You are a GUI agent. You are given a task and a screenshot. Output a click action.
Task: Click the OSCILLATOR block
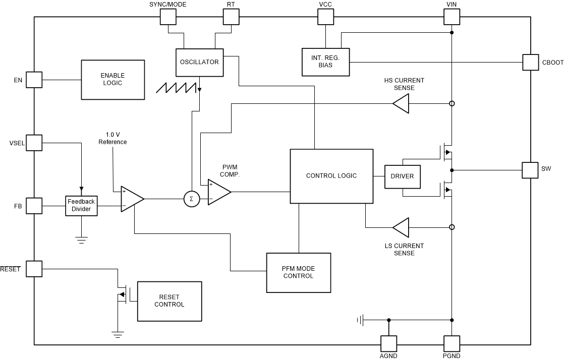point(199,62)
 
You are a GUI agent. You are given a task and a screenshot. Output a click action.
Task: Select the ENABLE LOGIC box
point(112,79)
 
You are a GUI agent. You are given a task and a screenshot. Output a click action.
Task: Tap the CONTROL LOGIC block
point(331,176)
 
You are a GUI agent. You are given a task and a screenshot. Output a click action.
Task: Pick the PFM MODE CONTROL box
point(298,272)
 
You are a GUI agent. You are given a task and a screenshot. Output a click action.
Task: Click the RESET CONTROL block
point(169,301)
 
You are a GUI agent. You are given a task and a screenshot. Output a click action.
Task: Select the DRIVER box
point(402,176)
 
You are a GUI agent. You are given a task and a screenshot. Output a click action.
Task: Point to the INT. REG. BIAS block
point(325,62)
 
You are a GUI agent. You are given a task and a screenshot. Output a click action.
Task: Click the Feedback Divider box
point(81,205)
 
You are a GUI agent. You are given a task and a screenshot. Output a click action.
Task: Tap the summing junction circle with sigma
point(191,199)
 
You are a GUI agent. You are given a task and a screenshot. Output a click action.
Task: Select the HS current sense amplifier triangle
point(401,104)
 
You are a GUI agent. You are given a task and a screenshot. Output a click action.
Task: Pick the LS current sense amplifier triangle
point(401,227)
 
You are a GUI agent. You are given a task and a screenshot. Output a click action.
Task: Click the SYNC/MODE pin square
point(168,17)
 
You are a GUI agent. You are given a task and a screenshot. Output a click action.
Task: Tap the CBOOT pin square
point(530,62)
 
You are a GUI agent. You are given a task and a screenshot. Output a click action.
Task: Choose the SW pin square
point(530,170)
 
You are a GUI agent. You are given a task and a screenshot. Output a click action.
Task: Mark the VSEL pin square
point(34,143)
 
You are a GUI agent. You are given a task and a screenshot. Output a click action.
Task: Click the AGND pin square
point(388,344)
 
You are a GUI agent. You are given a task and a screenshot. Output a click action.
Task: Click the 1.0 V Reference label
point(112,138)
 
